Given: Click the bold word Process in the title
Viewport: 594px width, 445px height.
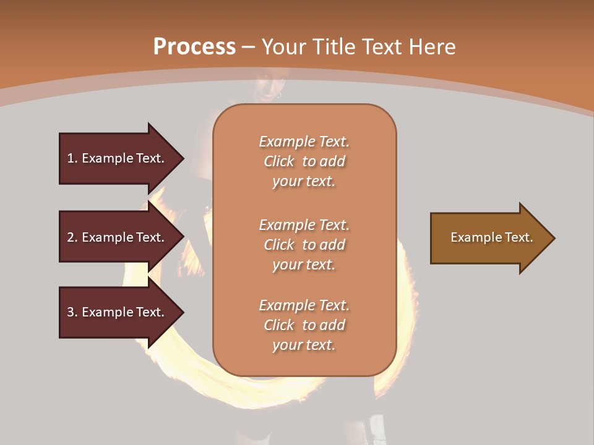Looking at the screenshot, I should click(194, 47).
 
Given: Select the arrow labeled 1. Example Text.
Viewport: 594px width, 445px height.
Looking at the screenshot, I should click(118, 158).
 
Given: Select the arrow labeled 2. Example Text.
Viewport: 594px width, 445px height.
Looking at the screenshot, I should click(118, 237).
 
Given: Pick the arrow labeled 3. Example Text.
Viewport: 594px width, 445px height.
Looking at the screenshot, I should click(118, 312).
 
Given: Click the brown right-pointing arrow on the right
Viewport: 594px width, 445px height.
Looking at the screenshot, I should click(489, 238).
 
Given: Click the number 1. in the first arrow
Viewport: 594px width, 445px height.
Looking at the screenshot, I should click(72, 158).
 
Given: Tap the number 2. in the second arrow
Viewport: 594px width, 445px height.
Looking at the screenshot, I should click(72, 237).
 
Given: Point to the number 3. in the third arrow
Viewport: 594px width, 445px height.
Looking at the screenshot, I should click(72, 312).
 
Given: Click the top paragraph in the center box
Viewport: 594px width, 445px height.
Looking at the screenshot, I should click(304, 161).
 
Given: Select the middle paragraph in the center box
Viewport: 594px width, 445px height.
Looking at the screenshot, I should click(304, 245).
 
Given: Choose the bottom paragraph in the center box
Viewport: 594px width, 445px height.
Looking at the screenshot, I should click(304, 325).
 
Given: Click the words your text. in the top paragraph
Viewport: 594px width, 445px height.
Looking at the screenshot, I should click(304, 182).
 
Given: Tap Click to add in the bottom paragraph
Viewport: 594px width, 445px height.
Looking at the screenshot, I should click(304, 325).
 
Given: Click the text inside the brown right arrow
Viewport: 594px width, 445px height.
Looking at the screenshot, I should click(491, 237).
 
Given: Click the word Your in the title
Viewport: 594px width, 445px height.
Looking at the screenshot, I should click(286, 47).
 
